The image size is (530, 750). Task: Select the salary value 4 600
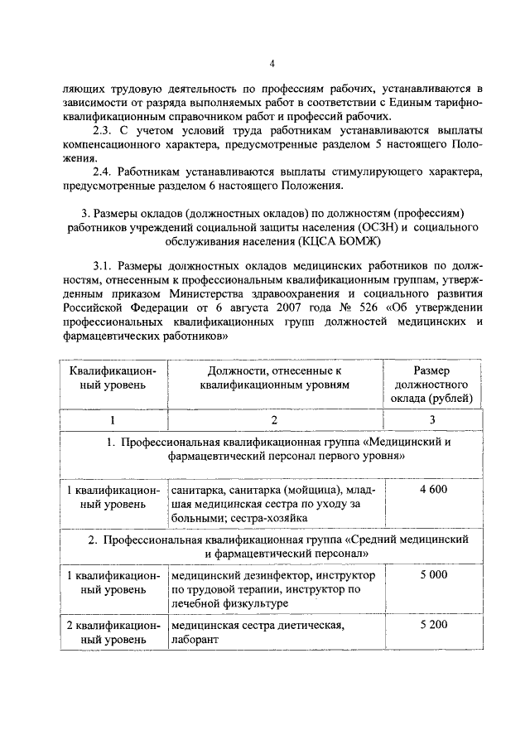(432, 490)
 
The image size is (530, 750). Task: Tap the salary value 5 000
(432, 574)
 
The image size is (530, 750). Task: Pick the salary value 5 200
(432, 624)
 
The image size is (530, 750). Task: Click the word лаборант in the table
(194, 639)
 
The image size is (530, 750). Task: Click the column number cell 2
(274, 420)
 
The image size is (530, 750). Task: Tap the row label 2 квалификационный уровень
(113, 631)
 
